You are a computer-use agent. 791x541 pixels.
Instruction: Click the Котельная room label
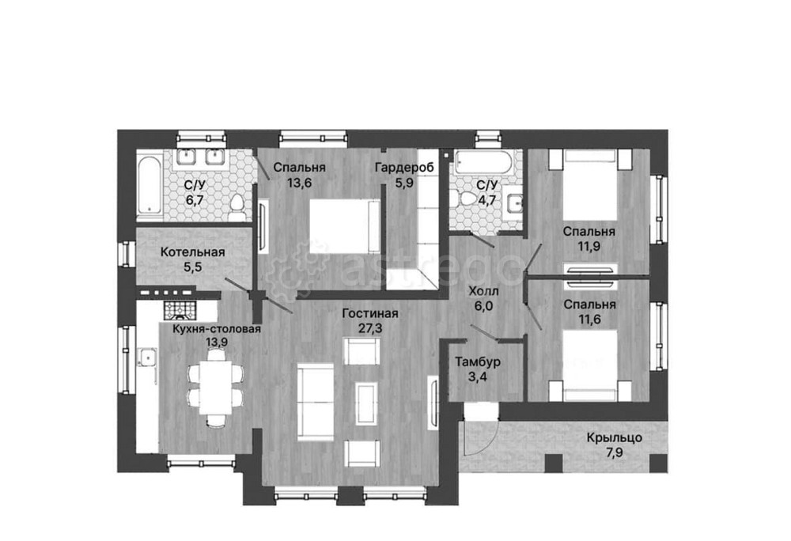(193, 252)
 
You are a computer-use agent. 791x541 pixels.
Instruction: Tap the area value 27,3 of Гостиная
(370, 329)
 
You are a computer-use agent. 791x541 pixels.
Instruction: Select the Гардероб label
(404, 168)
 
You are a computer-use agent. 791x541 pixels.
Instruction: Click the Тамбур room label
(478, 362)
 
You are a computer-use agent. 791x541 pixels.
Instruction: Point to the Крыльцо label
(615, 437)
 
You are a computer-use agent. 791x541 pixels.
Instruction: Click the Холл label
(483, 291)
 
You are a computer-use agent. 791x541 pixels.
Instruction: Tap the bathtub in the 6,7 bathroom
(149, 186)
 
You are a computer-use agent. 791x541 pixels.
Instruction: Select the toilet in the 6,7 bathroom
(237, 206)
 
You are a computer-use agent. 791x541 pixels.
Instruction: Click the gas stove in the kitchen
(179, 310)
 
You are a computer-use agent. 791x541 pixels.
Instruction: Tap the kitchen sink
(147, 358)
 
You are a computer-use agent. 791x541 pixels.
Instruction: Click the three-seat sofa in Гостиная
(316, 402)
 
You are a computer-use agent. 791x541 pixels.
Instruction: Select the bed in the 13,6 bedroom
(345, 226)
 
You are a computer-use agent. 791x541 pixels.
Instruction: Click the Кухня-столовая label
(217, 329)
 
